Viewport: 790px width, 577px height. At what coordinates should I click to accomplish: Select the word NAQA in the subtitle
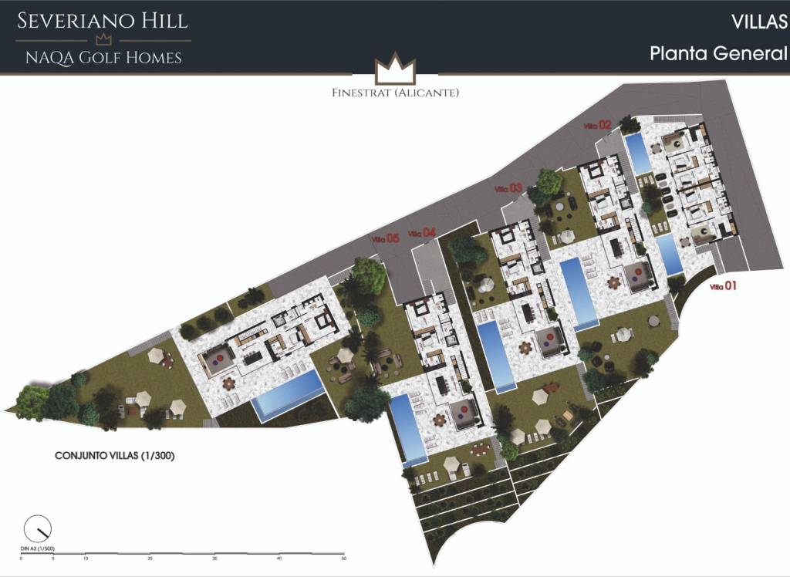(51, 57)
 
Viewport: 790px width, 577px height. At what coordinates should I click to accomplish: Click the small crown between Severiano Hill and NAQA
(103, 39)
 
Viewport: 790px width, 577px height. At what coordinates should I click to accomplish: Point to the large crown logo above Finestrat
(394, 71)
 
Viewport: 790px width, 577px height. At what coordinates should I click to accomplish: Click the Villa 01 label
(724, 287)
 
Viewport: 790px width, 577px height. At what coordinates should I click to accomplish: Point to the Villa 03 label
(508, 188)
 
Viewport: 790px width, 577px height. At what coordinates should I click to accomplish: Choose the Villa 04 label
(423, 233)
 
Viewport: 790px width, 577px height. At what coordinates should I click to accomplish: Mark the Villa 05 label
(384, 238)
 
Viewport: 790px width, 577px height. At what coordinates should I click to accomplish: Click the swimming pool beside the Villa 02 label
(637, 154)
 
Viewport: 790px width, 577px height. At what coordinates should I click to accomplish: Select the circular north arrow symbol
(37, 529)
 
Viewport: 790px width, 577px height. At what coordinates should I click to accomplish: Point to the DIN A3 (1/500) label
(37, 548)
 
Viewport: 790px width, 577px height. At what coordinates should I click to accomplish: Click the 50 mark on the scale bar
(344, 558)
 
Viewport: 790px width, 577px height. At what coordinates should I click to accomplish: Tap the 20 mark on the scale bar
(150, 558)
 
